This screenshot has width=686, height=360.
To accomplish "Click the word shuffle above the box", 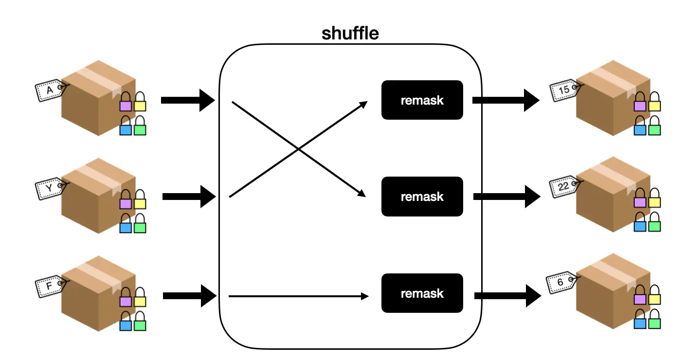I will tap(350, 34).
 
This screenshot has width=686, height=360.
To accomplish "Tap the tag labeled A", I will tap(50, 90).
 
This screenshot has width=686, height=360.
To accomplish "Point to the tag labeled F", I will tap(50, 286).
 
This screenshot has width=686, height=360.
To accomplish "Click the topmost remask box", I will tap(422, 100).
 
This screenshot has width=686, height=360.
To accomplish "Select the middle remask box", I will tap(422, 197).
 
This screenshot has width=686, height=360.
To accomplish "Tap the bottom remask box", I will tap(422, 293).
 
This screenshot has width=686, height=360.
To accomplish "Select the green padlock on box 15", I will tap(654, 127).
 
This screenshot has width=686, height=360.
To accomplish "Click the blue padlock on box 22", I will tap(640, 223).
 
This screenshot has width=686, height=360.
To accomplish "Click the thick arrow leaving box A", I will tap(187, 100).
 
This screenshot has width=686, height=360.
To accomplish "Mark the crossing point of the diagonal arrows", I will tap(298, 149).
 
